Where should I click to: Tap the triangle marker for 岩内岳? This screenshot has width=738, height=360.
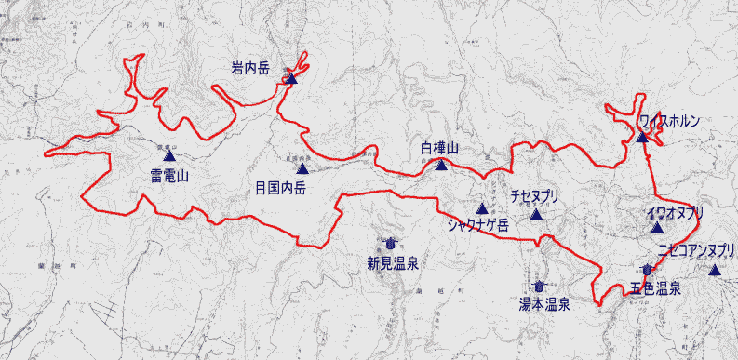pos(290,79)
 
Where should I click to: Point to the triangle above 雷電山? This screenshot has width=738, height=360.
pos(169,157)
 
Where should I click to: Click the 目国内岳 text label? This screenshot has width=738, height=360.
pos(280,186)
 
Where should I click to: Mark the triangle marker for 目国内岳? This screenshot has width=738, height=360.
pos(302,168)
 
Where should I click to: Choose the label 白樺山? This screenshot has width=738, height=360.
pos(440,149)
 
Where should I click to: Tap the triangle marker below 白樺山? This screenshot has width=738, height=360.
pos(442,167)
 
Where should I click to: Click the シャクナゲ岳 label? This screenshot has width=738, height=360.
pos(477,224)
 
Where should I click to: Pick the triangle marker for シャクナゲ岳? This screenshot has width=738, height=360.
pos(482,208)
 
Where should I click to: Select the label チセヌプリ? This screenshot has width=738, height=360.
pos(534,197)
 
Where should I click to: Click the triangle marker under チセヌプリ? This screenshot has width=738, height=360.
pos(536,215)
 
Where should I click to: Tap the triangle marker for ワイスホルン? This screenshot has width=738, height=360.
pos(642,138)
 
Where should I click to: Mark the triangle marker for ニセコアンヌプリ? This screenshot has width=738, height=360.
pos(714,271)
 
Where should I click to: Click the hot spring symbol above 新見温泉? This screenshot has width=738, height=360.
pos(388,244)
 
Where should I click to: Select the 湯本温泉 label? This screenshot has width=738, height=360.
pos(544,303)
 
